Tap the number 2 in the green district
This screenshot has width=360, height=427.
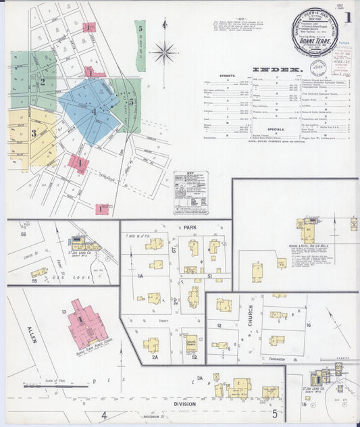(43, 82)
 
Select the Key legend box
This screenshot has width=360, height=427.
(190, 193)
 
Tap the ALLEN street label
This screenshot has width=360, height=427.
(32, 333)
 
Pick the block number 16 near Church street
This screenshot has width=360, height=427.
(308, 326)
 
